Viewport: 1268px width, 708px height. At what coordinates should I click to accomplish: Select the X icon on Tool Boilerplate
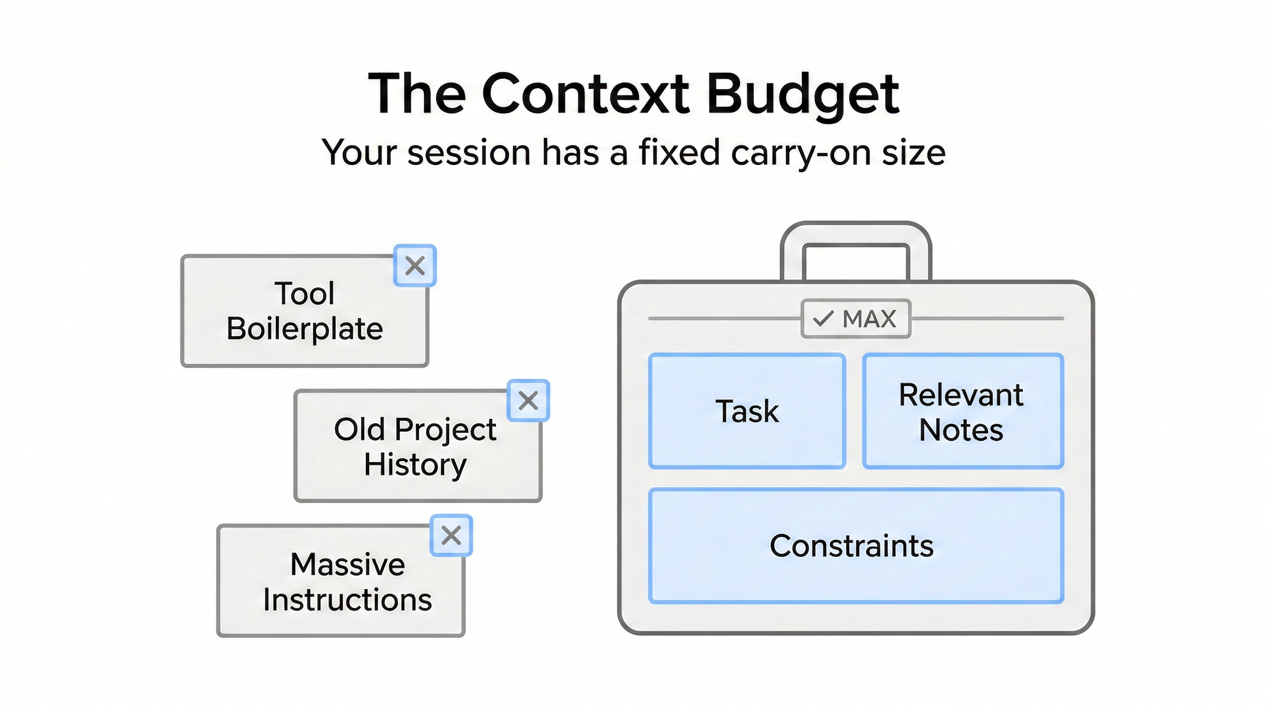[415, 265]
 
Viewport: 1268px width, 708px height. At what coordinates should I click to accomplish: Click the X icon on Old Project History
[528, 400]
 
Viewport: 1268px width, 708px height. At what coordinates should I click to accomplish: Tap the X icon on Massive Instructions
[452, 535]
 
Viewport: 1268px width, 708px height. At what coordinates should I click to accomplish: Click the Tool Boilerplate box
[305, 311]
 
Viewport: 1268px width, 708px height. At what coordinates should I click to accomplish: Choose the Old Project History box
[418, 446]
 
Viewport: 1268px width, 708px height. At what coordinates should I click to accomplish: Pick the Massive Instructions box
[341, 580]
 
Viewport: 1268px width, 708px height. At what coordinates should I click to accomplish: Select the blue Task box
[747, 411]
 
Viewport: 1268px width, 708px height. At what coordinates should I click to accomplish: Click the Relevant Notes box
[963, 411]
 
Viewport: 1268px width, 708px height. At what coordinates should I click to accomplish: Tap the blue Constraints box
[856, 546]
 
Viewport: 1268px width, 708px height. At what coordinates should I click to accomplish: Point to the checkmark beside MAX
[823, 319]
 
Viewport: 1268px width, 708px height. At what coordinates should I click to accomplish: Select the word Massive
[347, 564]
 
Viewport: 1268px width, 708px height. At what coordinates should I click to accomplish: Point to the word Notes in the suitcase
[961, 430]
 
